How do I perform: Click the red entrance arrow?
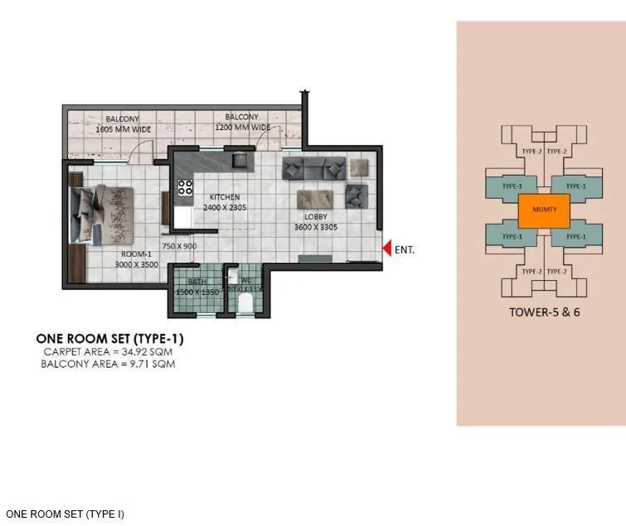coord(386,248)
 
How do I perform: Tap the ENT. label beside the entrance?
coord(405,249)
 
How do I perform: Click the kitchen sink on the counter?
coord(241,160)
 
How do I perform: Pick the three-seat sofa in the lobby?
coord(314,170)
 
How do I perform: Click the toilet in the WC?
coord(245,304)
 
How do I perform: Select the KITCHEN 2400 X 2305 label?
coord(224,202)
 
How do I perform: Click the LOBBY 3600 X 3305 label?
coord(316,221)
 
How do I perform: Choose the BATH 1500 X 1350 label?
coord(198,287)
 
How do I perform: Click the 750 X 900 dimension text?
coord(179,247)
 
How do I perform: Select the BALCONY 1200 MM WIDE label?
coord(242,123)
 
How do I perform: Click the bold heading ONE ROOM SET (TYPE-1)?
coord(109,339)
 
